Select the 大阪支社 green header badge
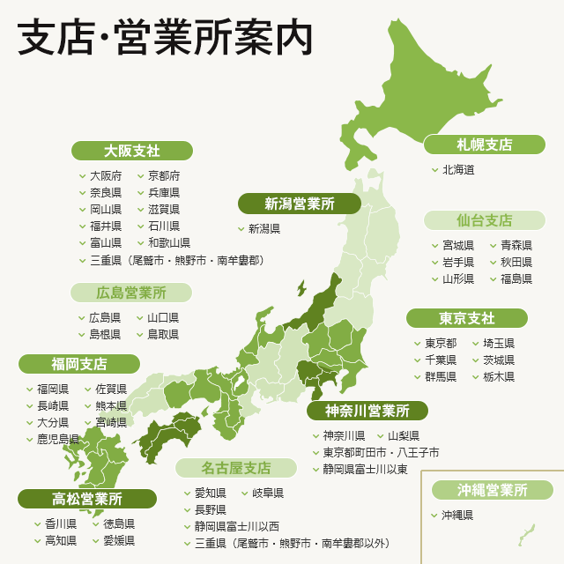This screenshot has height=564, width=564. click(x=131, y=151)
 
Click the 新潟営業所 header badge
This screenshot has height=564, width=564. click(x=300, y=204)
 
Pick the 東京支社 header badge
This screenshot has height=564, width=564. click(x=466, y=318)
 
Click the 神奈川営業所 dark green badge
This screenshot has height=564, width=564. click(x=367, y=411)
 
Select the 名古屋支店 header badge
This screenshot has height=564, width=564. click(x=235, y=467)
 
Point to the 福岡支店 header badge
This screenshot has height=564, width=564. click(x=79, y=364)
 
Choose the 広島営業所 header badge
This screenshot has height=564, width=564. click(x=131, y=293)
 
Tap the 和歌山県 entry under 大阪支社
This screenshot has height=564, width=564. click(x=168, y=242)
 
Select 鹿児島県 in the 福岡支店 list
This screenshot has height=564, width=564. click(x=57, y=439)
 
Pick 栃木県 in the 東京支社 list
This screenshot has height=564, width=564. click(x=499, y=376)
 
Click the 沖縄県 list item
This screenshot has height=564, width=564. click(x=457, y=515)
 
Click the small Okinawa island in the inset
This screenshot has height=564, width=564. click(x=527, y=532)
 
